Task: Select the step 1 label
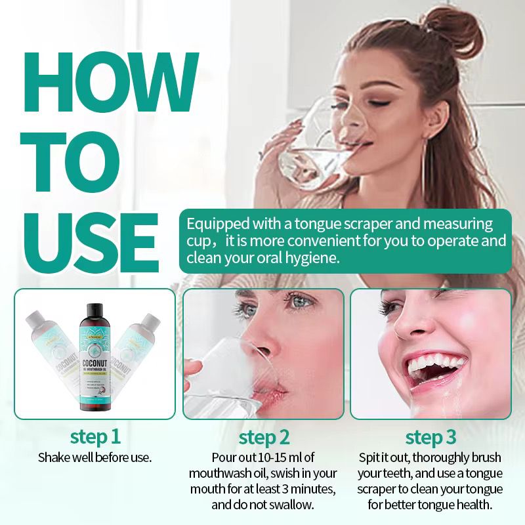click(95, 436)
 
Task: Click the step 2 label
click(264, 437)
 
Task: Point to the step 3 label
click(430, 437)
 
